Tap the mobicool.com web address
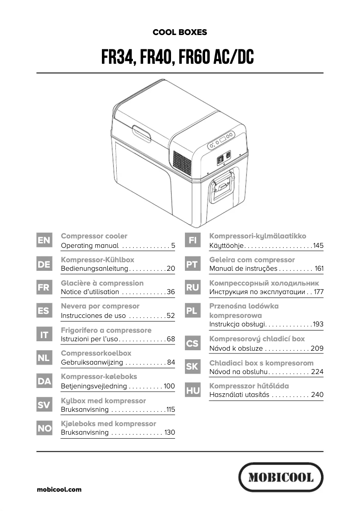(x=59, y=489)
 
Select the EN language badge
(x=44, y=241)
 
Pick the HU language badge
(x=193, y=391)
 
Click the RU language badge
(x=193, y=288)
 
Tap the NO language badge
(x=44, y=428)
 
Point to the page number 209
(x=316, y=348)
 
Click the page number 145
(x=318, y=246)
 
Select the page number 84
(x=171, y=362)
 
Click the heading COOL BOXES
(x=180, y=32)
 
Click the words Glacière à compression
(x=102, y=283)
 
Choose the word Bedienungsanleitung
(x=94, y=269)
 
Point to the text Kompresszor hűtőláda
(x=249, y=386)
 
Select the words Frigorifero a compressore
(x=106, y=330)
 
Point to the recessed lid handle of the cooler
(x=141, y=133)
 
